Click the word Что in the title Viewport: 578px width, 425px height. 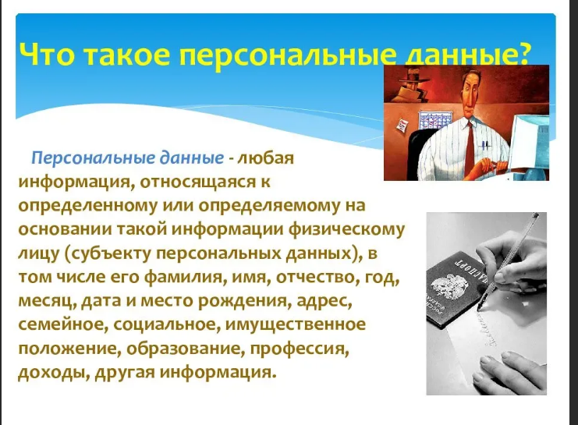(48, 56)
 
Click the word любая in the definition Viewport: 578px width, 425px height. (271, 158)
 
